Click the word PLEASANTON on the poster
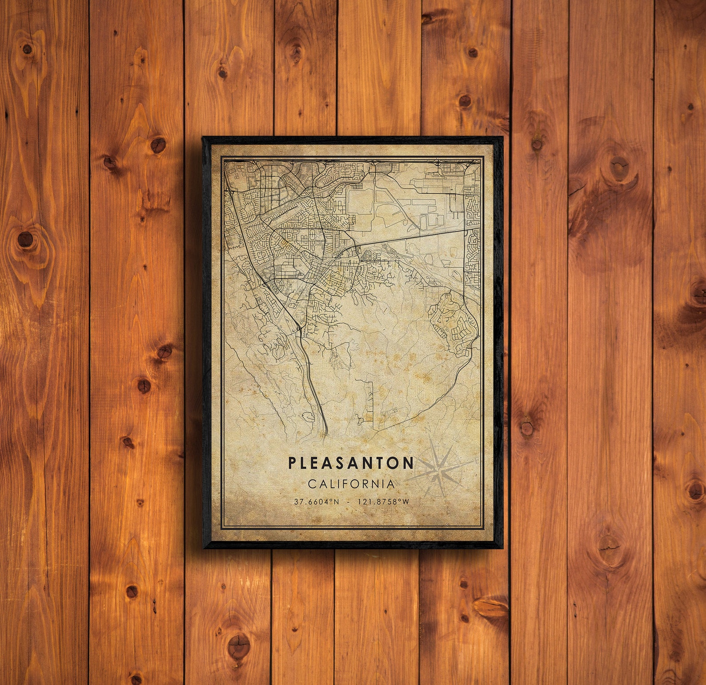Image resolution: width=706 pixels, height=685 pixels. [351, 463]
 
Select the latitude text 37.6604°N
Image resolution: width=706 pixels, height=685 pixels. [317, 502]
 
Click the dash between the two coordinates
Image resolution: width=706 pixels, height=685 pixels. [347, 502]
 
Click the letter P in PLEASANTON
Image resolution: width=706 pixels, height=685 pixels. [292, 463]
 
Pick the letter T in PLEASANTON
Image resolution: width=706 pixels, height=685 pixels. [378, 463]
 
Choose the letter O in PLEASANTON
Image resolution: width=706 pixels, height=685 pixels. [393, 463]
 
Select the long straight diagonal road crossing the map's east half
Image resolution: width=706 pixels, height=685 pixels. [413, 236]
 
